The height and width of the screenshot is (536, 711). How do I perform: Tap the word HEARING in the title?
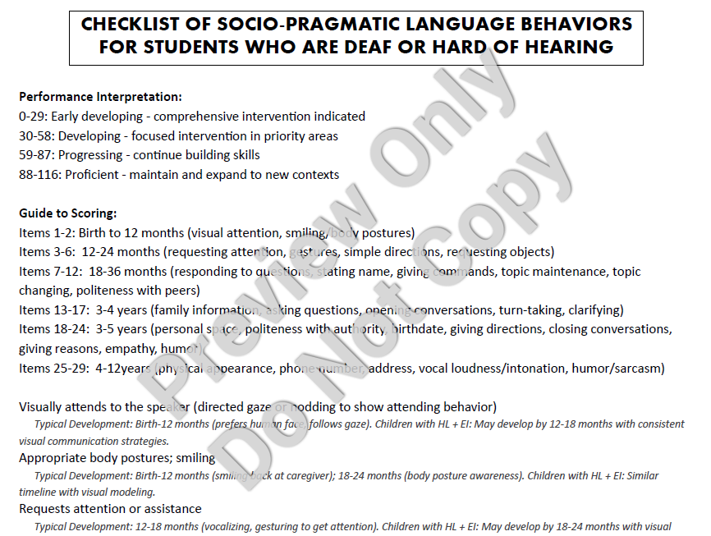[x=571, y=47]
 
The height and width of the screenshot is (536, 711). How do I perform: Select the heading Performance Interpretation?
[x=100, y=97]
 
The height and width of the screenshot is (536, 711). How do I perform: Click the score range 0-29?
[x=33, y=117]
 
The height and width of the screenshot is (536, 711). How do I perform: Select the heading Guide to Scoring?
[x=68, y=213]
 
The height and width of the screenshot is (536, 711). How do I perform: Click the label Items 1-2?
[x=45, y=232]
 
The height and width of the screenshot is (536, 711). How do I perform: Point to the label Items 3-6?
[x=45, y=252]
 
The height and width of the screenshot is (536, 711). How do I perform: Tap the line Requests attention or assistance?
[x=110, y=509]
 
